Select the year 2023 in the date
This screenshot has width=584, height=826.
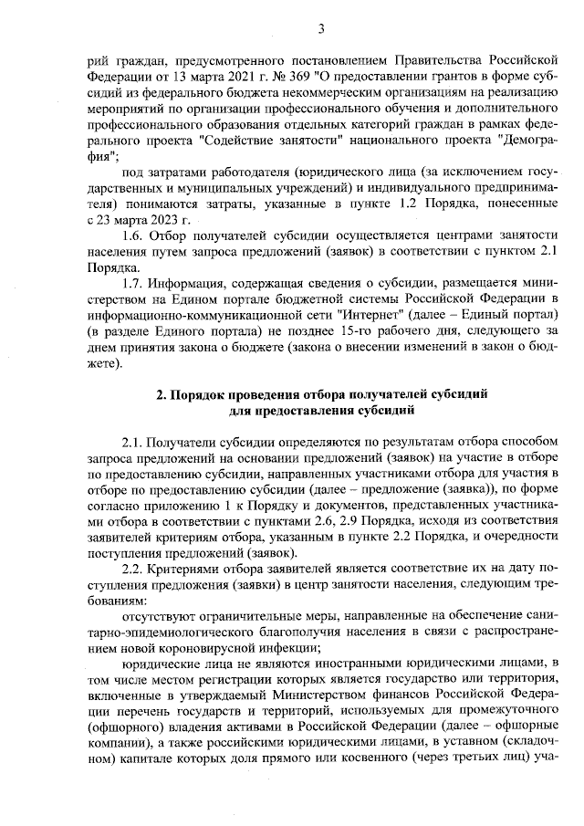pos(163,220)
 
